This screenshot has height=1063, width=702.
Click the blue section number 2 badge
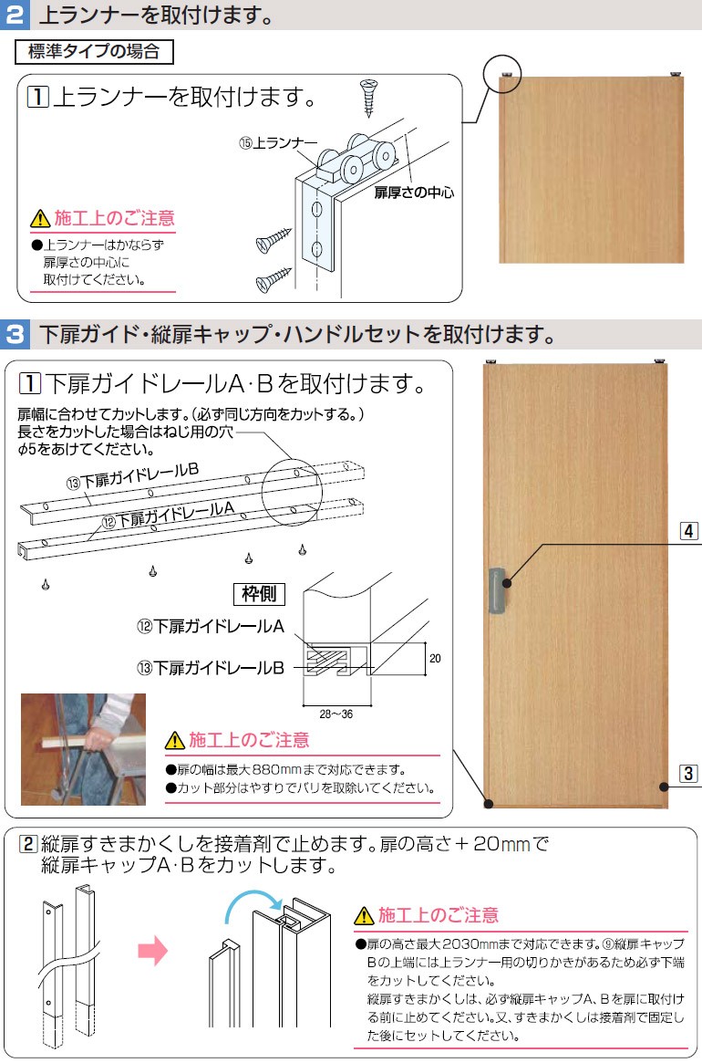[15, 16]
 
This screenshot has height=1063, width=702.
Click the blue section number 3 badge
[15, 335]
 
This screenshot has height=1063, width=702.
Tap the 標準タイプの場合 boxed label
[95, 51]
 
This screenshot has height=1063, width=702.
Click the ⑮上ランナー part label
[278, 143]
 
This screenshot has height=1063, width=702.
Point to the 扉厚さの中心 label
[414, 193]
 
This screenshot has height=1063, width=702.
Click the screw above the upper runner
[368, 98]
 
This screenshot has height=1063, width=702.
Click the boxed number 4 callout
[689, 530]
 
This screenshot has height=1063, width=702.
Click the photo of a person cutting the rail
[83, 748]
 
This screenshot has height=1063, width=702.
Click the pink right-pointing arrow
[152, 952]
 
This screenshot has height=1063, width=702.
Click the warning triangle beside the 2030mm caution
[364, 915]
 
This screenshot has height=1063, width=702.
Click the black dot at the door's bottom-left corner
[490, 804]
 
